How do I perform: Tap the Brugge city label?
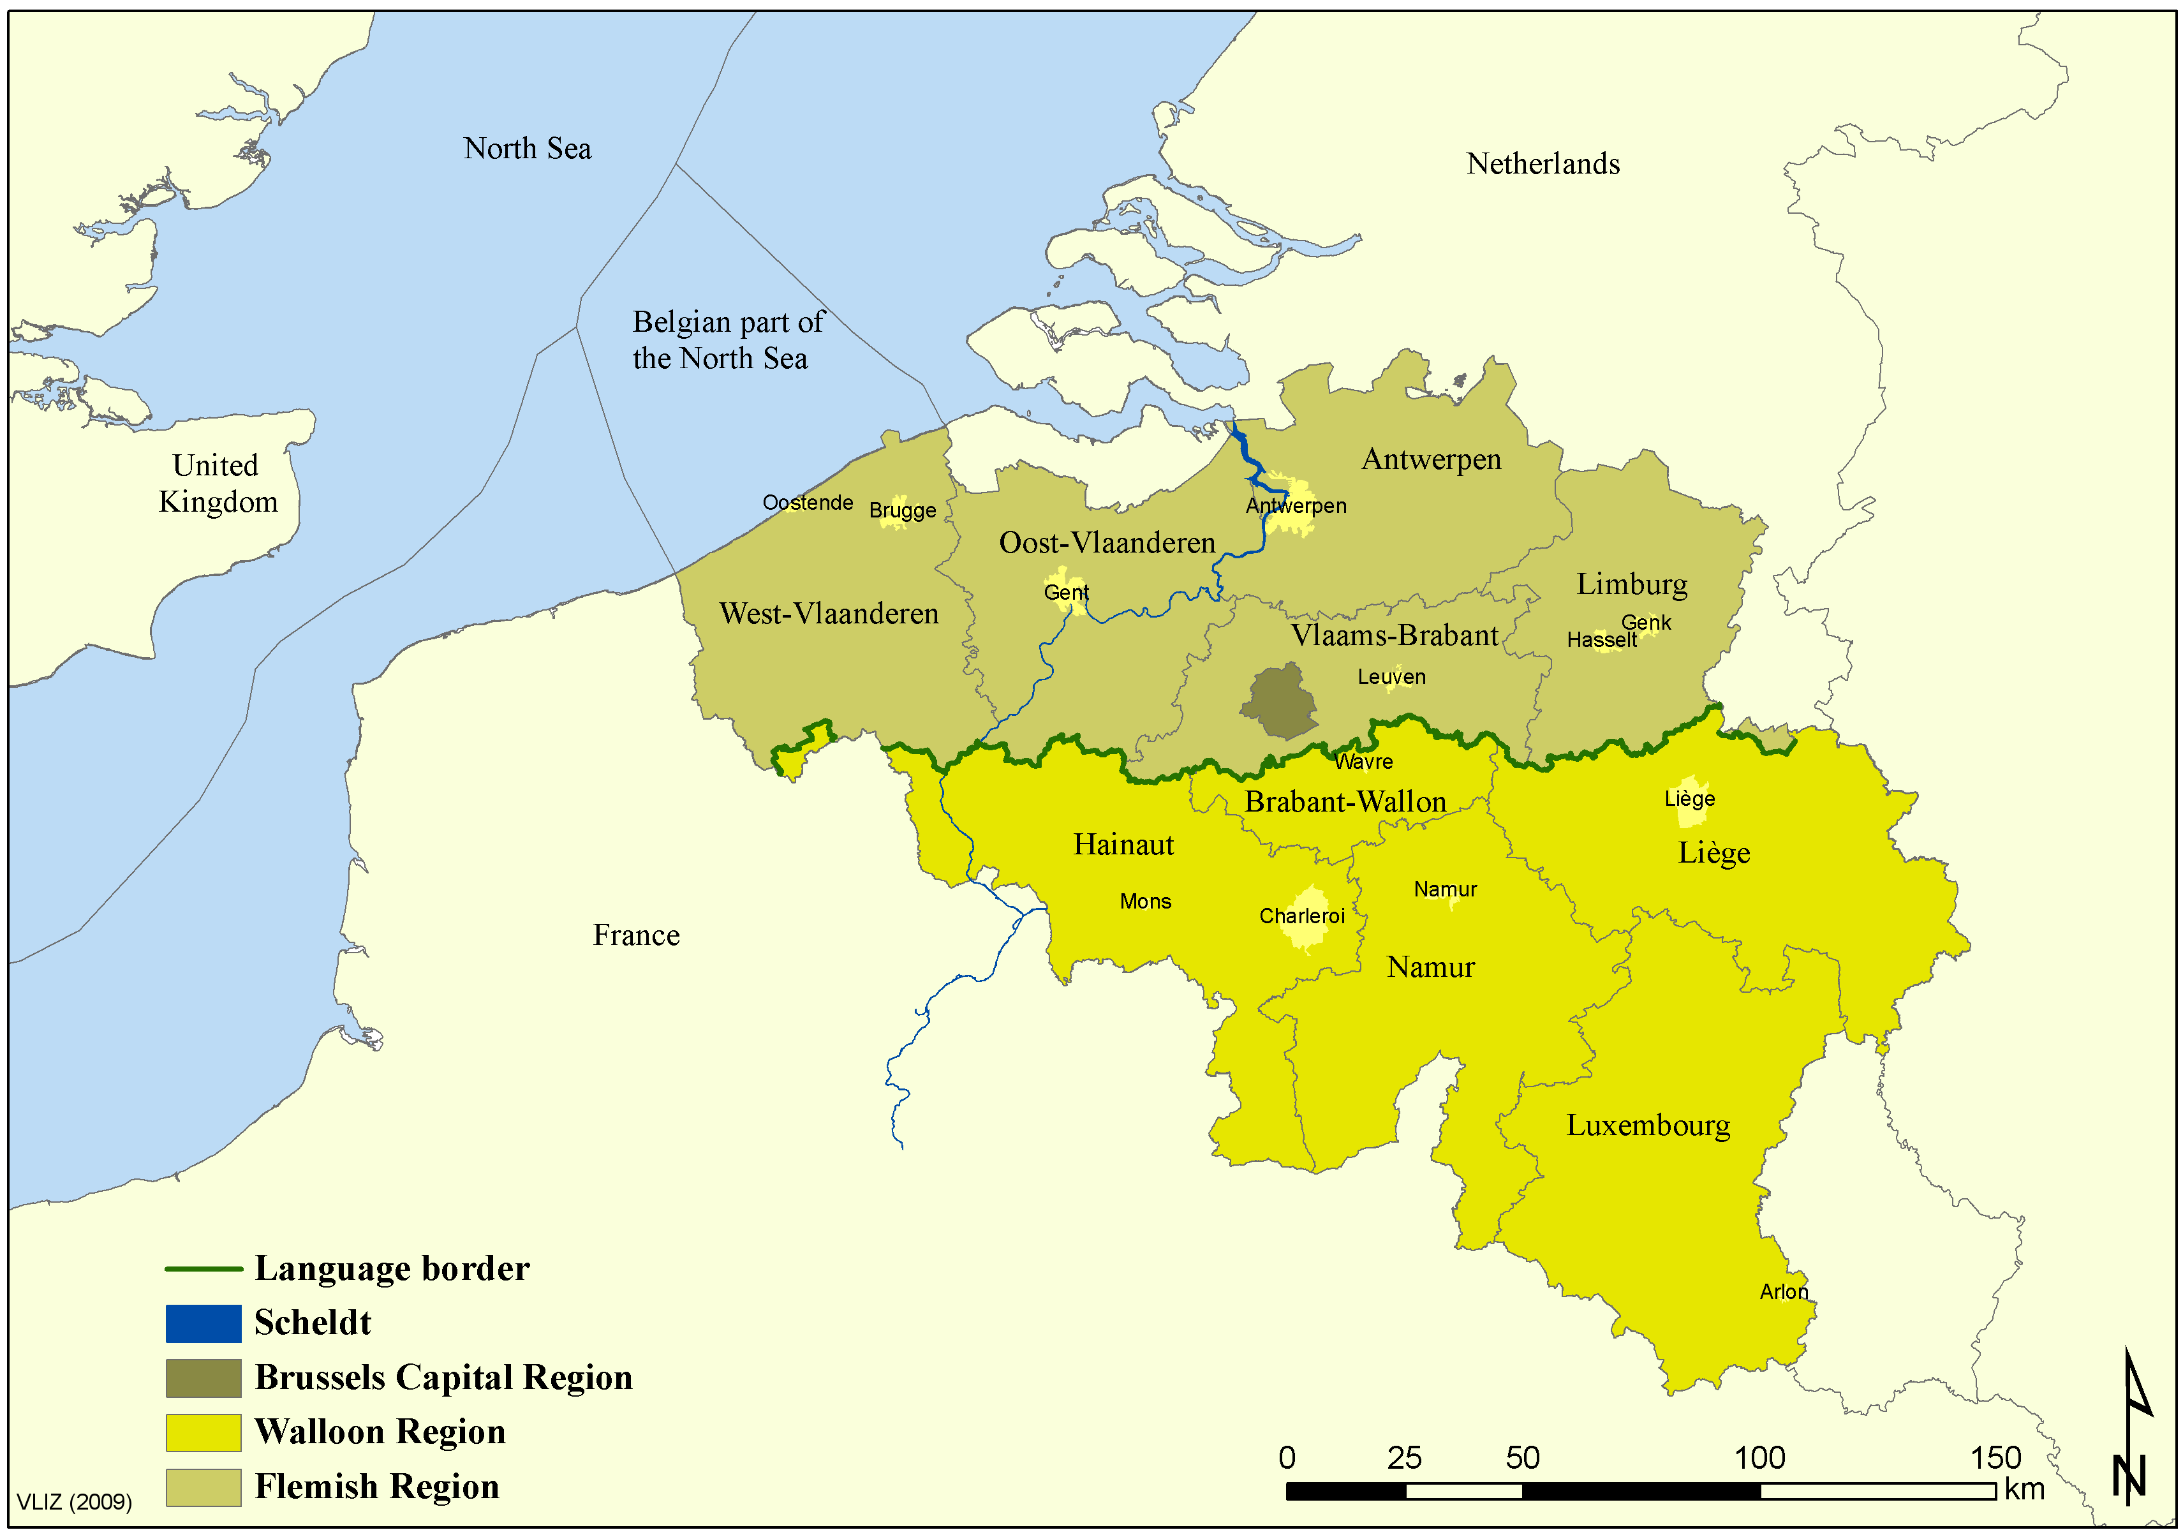pyautogui.click(x=902, y=511)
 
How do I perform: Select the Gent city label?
pyautogui.click(x=1066, y=593)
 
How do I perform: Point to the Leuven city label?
pyautogui.click(x=1391, y=677)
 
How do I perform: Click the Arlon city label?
pyautogui.click(x=1783, y=1291)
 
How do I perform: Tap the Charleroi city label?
pyautogui.click(x=1301, y=916)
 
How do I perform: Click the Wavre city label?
pyautogui.click(x=1363, y=762)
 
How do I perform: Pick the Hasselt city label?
pyautogui.click(x=1601, y=640)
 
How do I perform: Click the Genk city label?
pyautogui.click(x=1646, y=623)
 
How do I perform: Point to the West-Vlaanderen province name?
pyautogui.click(x=828, y=614)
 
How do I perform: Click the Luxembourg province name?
pyautogui.click(x=1648, y=1125)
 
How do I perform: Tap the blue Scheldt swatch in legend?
pyautogui.click(x=202, y=1323)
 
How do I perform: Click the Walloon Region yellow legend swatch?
pyautogui.click(x=202, y=1432)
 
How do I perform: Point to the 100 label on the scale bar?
pyautogui.click(x=1759, y=1458)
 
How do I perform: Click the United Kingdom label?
pyautogui.click(x=218, y=483)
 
